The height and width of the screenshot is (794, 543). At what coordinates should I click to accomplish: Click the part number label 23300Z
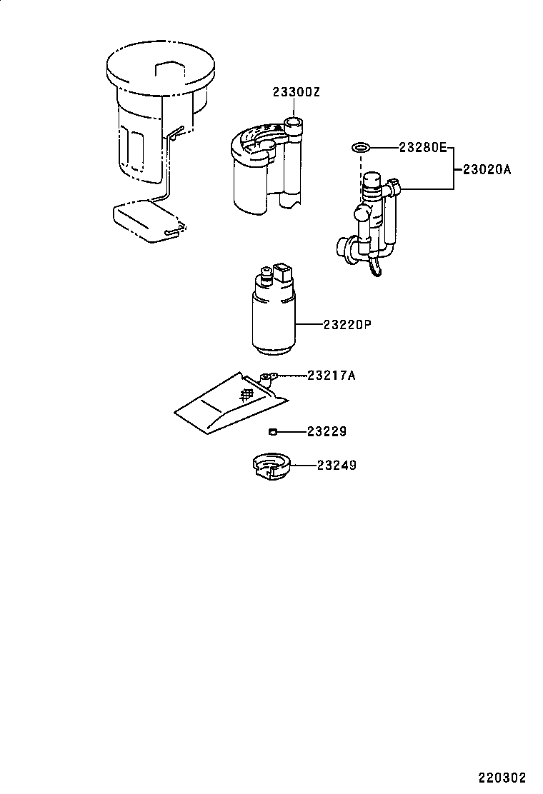click(x=294, y=92)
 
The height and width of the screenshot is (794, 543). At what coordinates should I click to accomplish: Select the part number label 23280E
click(x=422, y=148)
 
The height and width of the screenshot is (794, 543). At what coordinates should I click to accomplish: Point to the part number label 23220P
click(x=348, y=325)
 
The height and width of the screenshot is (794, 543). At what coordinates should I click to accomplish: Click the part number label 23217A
click(x=332, y=375)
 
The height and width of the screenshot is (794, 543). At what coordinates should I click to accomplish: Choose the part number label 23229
click(x=327, y=431)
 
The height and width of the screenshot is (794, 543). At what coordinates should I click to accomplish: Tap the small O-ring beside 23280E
click(x=361, y=149)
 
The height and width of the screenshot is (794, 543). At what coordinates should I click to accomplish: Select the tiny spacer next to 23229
click(x=272, y=431)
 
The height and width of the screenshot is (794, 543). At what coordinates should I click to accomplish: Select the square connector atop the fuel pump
click(x=283, y=273)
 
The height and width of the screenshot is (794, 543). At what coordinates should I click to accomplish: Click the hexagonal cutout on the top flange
click(x=170, y=71)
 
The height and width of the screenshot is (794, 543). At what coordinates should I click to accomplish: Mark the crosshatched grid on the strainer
click(x=246, y=393)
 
